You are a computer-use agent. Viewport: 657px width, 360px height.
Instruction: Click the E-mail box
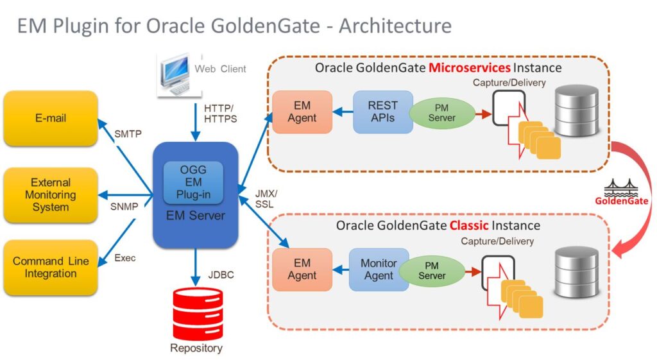(x=50, y=118)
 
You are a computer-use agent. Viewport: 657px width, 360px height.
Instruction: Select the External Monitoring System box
(x=50, y=195)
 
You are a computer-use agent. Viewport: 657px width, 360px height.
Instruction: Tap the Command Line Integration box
(x=50, y=268)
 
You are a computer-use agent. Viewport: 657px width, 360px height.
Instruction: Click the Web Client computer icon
(x=174, y=73)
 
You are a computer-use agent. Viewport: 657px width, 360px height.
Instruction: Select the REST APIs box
(x=382, y=112)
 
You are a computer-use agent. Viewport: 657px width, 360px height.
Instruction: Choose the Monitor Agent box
(x=379, y=269)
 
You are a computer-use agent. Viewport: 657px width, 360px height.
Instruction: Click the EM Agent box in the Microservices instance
(x=302, y=112)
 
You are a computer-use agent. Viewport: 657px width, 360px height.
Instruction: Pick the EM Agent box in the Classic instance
(x=302, y=269)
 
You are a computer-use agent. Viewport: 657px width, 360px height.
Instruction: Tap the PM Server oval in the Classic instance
(x=432, y=270)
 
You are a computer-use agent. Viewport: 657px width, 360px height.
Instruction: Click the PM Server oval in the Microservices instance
(x=441, y=112)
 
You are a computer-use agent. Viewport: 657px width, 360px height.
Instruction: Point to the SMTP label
(x=128, y=134)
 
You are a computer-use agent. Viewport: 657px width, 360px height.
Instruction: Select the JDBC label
(x=220, y=275)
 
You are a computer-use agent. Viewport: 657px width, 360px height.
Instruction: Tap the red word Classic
(x=478, y=225)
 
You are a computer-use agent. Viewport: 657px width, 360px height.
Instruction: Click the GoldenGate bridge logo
(x=621, y=189)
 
